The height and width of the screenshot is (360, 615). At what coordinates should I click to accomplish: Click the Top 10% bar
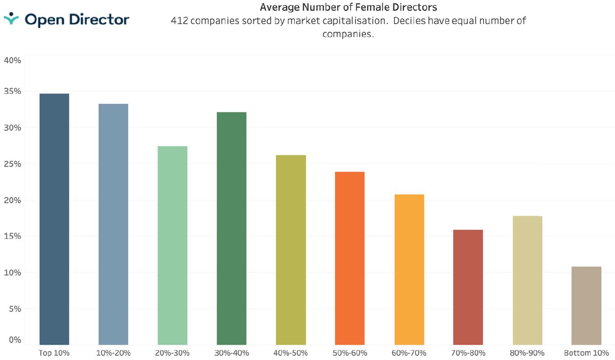point(54,219)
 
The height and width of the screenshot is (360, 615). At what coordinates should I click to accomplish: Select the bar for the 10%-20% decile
point(113,224)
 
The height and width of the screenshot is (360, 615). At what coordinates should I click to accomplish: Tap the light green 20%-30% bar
point(172,245)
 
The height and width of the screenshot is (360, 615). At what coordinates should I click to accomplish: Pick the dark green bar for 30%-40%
point(232,229)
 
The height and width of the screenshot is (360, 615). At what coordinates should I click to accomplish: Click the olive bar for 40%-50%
point(291,250)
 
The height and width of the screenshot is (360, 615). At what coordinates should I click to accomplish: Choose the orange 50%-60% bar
point(349,258)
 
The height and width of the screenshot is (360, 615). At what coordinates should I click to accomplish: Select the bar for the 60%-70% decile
point(409,270)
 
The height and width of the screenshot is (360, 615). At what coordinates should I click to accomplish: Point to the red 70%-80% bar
point(468,287)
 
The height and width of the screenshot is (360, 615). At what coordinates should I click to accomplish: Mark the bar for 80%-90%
point(527,281)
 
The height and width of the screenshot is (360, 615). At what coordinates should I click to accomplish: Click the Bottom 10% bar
point(586,306)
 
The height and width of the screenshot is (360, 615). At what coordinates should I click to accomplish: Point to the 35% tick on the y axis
point(12,91)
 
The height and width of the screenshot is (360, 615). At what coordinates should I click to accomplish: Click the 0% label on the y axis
point(15,340)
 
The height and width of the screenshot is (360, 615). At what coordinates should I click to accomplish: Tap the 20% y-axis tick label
point(12,200)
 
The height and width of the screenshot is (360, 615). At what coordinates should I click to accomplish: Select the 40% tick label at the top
point(12,60)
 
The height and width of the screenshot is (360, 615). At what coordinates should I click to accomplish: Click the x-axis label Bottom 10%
point(586,353)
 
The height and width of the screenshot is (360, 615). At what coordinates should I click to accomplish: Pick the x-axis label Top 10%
point(54,353)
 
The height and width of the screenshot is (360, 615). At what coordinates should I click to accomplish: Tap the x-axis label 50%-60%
point(349,353)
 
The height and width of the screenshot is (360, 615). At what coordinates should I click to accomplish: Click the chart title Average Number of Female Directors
point(348,7)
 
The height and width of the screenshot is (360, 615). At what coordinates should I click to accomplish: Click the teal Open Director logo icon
point(11,19)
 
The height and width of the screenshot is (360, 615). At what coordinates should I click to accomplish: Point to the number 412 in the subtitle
point(179,21)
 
